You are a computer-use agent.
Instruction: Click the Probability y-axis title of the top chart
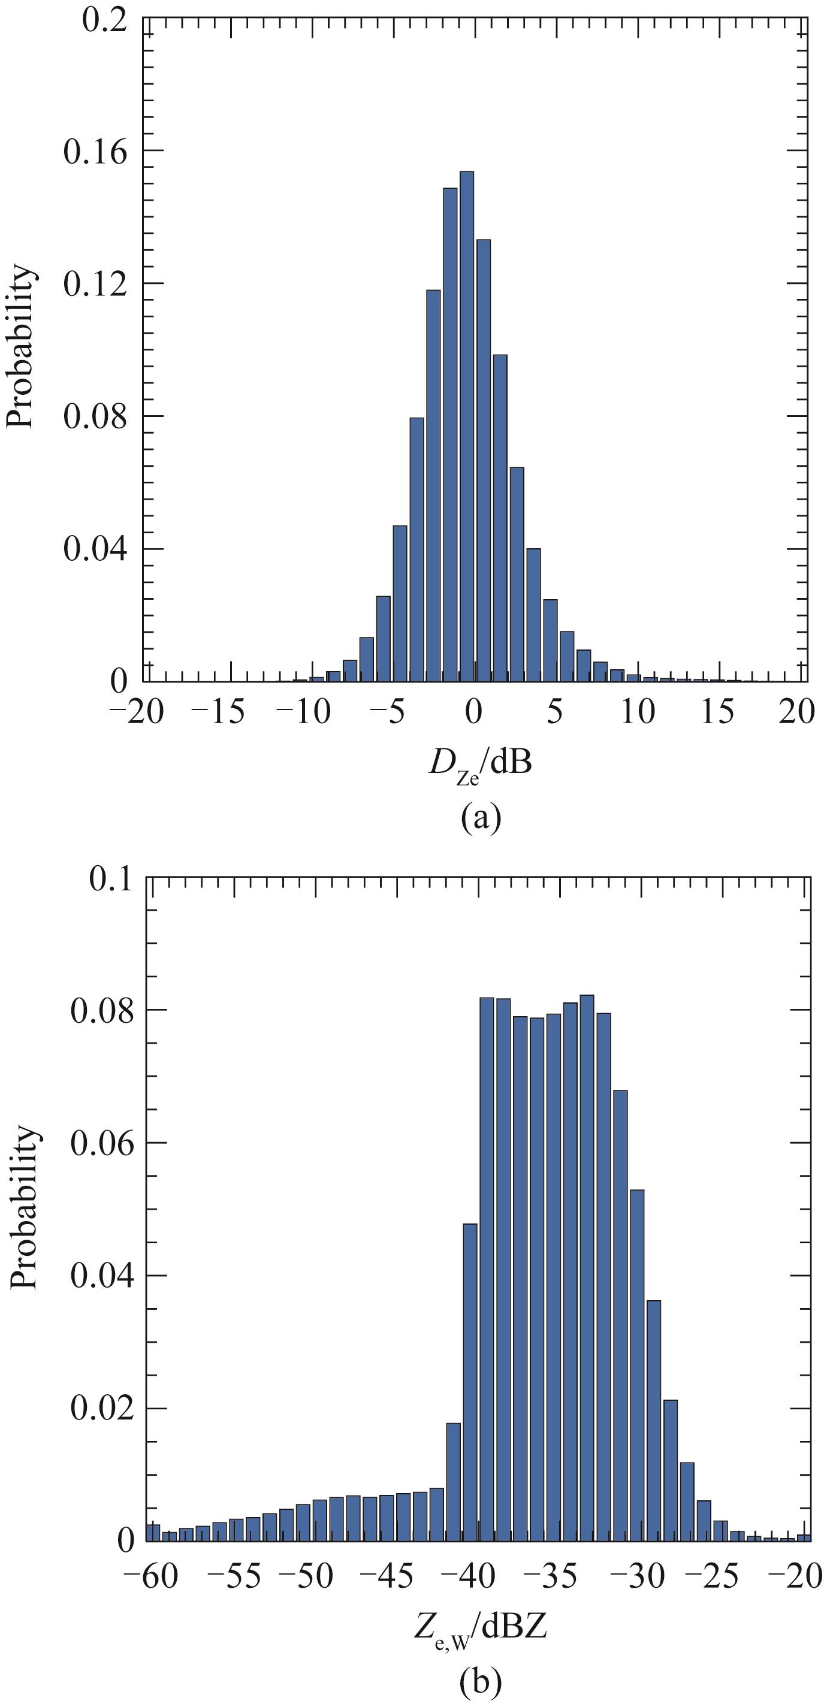(x=20, y=347)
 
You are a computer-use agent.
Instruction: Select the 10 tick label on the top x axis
(x=639, y=712)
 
